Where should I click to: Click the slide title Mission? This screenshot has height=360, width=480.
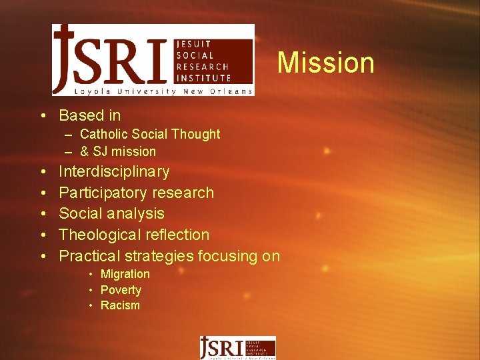[325, 63]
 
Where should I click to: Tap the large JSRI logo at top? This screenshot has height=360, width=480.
[153, 60]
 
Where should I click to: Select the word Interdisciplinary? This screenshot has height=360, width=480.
[114, 172]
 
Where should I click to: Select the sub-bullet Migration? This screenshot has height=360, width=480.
[125, 274]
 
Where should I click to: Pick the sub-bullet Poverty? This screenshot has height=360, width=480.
[121, 290]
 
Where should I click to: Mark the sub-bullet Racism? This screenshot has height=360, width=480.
[120, 305]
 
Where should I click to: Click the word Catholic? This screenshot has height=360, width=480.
[102, 134]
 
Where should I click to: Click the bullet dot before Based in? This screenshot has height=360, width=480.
[43, 116]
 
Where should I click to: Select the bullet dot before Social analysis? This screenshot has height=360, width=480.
[43, 214]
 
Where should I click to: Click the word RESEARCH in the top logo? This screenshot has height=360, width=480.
[202, 67]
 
